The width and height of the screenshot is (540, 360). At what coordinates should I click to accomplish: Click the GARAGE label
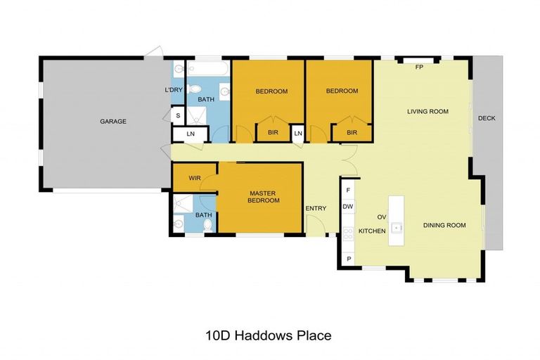(112, 121)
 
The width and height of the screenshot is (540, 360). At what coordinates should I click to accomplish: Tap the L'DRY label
(173, 90)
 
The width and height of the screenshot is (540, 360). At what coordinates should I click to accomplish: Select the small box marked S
(178, 115)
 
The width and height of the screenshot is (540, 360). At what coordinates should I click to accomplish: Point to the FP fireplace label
(419, 67)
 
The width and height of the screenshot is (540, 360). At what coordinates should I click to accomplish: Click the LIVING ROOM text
(427, 111)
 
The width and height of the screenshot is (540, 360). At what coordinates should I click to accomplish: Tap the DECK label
(487, 118)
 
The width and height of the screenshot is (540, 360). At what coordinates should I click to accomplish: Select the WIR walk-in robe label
(195, 178)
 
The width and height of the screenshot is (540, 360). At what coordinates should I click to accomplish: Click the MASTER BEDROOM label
(264, 196)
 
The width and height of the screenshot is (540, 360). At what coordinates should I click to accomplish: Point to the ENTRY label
(316, 208)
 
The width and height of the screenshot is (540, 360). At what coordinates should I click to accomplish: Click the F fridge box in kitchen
(348, 190)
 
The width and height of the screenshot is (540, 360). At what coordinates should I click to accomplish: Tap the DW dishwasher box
(348, 207)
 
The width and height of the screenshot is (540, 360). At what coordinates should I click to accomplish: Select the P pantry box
(348, 259)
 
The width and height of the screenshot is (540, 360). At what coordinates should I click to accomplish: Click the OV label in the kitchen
(382, 217)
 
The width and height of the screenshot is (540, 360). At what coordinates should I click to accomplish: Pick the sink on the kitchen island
(397, 227)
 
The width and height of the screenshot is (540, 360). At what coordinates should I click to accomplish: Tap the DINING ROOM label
(444, 225)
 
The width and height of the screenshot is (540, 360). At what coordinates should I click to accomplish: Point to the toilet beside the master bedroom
(207, 224)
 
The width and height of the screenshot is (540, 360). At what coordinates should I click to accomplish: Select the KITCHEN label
(371, 231)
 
